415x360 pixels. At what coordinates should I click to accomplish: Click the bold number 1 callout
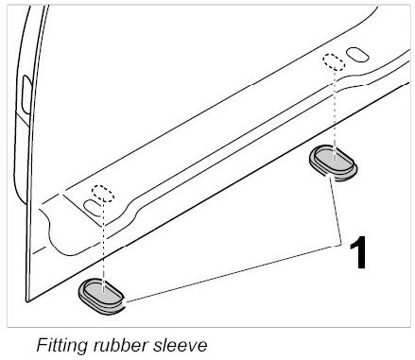click(x=358, y=252)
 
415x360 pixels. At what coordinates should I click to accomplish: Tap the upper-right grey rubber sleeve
click(x=333, y=163)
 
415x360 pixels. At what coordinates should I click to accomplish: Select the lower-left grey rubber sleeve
click(x=101, y=296)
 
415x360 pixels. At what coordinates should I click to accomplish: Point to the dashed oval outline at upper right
click(x=334, y=62)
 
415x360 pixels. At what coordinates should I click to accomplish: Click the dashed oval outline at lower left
click(x=103, y=194)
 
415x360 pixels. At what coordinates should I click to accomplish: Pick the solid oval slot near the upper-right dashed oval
click(x=357, y=55)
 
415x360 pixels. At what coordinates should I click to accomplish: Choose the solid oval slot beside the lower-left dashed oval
click(x=94, y=208)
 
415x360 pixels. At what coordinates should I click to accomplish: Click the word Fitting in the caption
click(x=61, y=345)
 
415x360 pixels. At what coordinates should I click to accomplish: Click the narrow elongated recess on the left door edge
click(x=26, y=94)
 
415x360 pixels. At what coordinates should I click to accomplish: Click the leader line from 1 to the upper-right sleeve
click(x=336, y=211)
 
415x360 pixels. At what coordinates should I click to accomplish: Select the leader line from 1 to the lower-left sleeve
click(x=233, y=273)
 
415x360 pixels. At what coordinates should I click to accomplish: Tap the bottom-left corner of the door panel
click(x=26, y=301)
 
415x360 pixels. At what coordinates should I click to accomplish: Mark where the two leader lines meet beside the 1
click(x=341, y=245)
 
